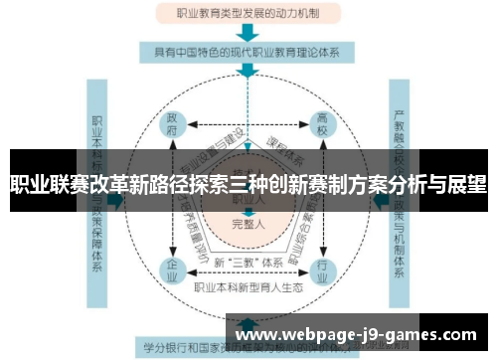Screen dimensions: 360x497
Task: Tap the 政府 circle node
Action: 174,125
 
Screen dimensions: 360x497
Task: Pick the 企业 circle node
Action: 174,270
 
